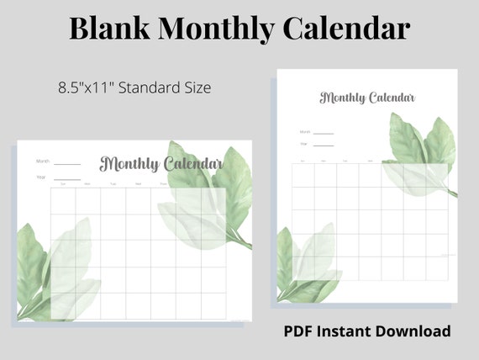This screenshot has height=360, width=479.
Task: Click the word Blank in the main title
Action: (109, 29)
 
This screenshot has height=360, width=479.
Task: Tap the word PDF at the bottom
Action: (302, 331)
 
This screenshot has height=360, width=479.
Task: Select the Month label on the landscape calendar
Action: (42, 161)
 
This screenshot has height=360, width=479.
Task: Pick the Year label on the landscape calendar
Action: (40, 177)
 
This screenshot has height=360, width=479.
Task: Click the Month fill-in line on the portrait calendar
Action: (324, 133)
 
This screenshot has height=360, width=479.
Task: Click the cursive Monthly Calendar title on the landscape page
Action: (161, 163)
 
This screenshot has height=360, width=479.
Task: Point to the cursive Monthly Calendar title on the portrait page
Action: (367, 98)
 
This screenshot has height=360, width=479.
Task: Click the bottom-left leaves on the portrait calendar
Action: (307, 265)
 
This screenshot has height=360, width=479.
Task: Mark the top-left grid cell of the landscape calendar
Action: (63, 200)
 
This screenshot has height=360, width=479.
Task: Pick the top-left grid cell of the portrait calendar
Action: (303, 174)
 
